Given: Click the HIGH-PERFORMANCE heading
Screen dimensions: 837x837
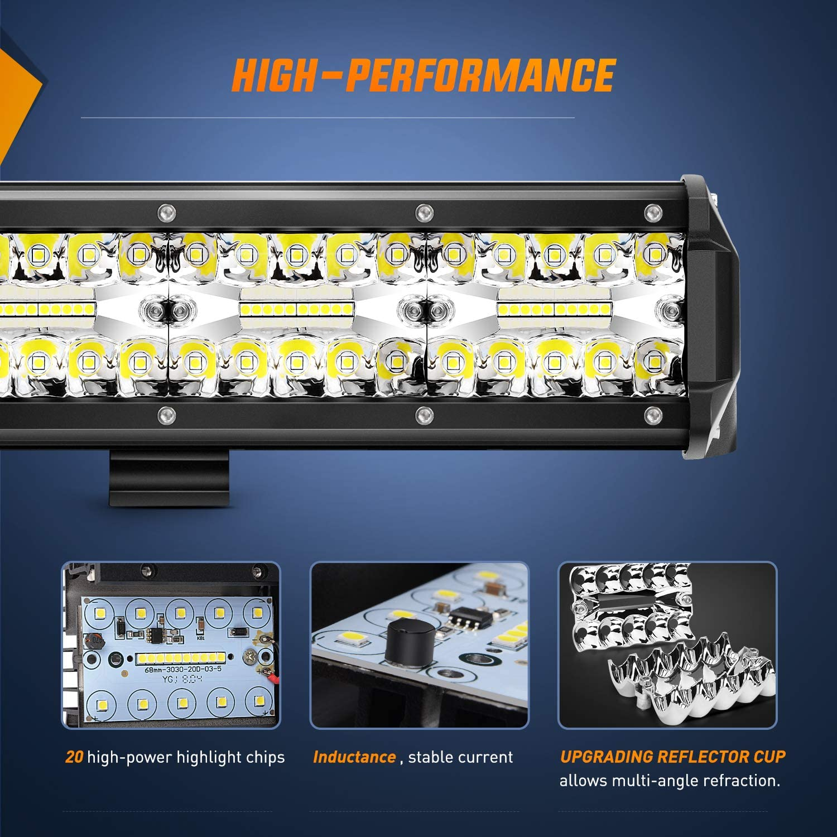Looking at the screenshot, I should (x=423, y=75).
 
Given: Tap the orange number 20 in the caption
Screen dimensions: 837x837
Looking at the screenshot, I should (x=74, y=757).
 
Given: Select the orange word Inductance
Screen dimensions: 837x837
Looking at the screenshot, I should (x=354, y=757).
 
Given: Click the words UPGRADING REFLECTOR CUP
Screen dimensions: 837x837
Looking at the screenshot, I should (x=672, y=757).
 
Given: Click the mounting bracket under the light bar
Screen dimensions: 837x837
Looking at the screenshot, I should (x=169, y=478).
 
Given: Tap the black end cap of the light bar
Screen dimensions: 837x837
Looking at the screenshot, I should (x=711, y=318).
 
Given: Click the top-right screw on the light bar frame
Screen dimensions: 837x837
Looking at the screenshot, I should (x=652, y=212).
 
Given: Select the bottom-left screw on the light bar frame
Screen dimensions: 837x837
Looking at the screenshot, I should (x=166, y=414).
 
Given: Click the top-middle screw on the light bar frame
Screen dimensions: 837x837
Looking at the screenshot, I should (x=424, y=212).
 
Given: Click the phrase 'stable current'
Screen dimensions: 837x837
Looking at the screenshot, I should (x=460, y=757).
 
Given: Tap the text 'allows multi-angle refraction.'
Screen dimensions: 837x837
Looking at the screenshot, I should (x=670, y=781).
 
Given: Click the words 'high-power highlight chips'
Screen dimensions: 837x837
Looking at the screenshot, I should (x=186, y=757).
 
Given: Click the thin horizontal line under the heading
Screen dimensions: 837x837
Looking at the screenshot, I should (x=328, y=118).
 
